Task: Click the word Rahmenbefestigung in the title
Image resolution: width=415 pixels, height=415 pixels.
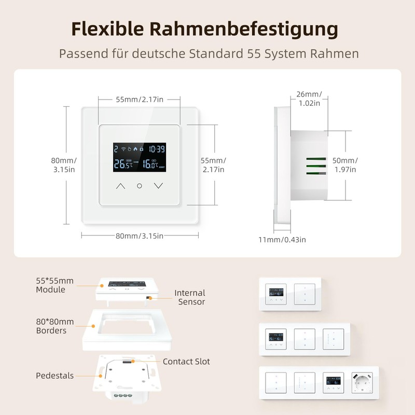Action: [x=244, y=29]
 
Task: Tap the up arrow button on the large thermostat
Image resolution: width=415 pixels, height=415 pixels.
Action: [x=120, y=186]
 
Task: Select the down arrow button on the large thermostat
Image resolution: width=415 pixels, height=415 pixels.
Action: [x=159, y=186]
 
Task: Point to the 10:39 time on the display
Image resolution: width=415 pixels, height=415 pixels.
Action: [x=157, y=149]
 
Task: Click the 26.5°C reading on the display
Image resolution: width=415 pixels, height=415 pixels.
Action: [x=123, y=164]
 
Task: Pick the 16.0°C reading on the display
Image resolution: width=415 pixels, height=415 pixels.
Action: [x=150, y=164]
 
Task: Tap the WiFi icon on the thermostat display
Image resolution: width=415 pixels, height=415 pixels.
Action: [x=123, y=149]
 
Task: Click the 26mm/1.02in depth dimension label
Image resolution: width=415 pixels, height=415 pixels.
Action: [x=309, y=99]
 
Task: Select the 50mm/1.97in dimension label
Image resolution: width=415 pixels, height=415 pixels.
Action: [x=345, y=165]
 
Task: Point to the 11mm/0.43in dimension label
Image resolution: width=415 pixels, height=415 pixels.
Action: [x=282, y=240]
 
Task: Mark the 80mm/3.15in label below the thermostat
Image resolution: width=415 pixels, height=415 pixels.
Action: [x=140, y=236]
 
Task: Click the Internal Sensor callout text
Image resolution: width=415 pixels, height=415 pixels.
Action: [x=190, y=297]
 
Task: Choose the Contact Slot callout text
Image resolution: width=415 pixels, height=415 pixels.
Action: [x=186, y=362]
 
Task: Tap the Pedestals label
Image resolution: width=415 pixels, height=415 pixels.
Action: [x=55, y=376]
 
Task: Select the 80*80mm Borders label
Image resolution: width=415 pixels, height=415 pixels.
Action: [x=55, y=326]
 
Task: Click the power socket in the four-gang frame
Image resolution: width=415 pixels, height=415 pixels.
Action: [x=362, y=383]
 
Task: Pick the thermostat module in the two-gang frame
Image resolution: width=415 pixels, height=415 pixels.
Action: [x=276, y=294]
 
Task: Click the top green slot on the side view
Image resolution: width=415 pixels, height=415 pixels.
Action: [x=316, y=159]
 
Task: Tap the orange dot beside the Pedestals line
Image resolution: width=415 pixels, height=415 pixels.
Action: [x=101, y=376]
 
